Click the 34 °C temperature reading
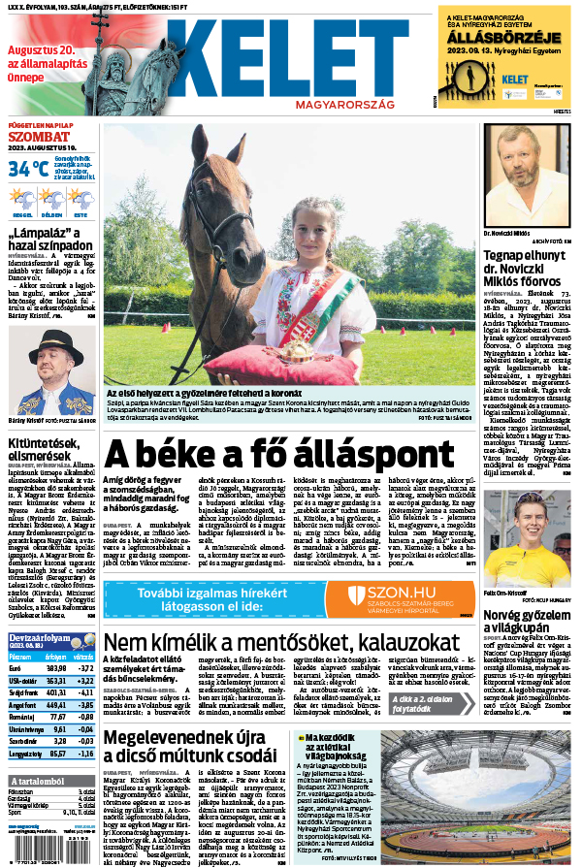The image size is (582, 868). click(x=28, y=168)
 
